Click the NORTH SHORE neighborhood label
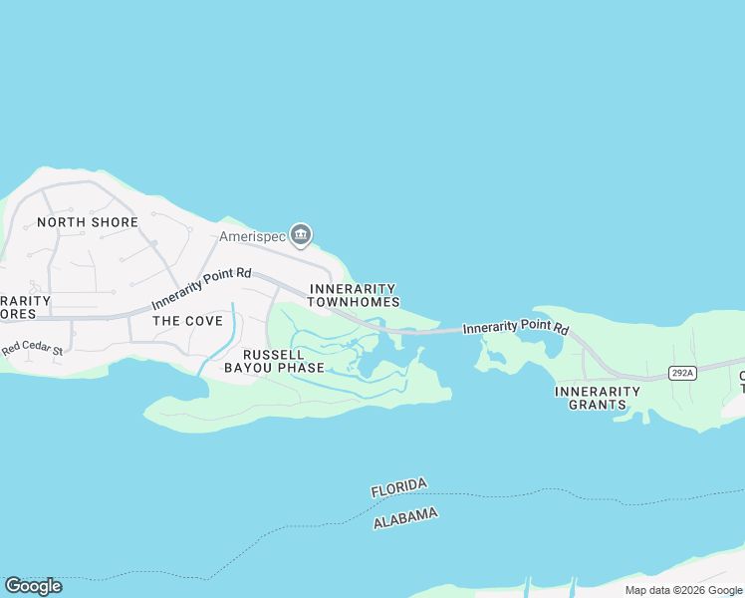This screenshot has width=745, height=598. point(87,222)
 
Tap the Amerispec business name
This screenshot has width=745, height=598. point(253,236)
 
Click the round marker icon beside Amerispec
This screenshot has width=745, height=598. point(301,235)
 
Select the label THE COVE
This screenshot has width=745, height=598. point(180,321)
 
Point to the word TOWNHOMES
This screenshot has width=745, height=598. point(354,302)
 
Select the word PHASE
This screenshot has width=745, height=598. point(301,368)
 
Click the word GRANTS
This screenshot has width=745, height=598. point(597,405)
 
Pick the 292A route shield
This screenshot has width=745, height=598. point(681,373)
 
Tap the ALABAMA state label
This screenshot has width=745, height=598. point(405,518)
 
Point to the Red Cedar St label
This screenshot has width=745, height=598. point(32,350)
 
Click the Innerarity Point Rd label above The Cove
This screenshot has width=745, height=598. point(201,289)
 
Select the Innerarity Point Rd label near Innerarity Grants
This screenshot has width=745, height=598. point(515,327)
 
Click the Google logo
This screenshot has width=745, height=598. point(33,586)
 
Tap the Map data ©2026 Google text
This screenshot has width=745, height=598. point(683,590)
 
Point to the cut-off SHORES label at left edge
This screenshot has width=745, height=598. point(17,314)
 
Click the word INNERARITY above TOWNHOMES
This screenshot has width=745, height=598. point(354,288)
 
